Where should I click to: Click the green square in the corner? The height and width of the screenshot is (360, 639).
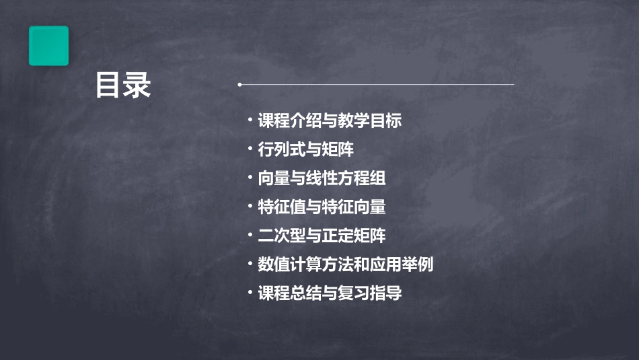click(x=48, y=46)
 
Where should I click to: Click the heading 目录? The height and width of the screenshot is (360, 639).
click(x=123, y=85)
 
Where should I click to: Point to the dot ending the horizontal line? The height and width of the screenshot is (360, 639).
click(x=239, y=85)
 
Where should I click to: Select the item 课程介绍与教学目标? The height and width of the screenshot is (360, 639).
click(x=330, y=121)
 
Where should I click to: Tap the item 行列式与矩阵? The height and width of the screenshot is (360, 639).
click(x=305, y=149)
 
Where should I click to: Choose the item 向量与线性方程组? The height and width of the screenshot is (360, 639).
click(x=322, y=178)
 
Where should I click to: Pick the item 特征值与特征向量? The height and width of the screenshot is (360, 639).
click(x=322, y=207)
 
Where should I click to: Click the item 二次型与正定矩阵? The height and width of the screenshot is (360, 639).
click(x=322, y=236)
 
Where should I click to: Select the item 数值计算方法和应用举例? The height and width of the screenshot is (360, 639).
click(x=345, y=264)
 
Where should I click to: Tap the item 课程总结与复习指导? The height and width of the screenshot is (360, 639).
click(x=330, y=293)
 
